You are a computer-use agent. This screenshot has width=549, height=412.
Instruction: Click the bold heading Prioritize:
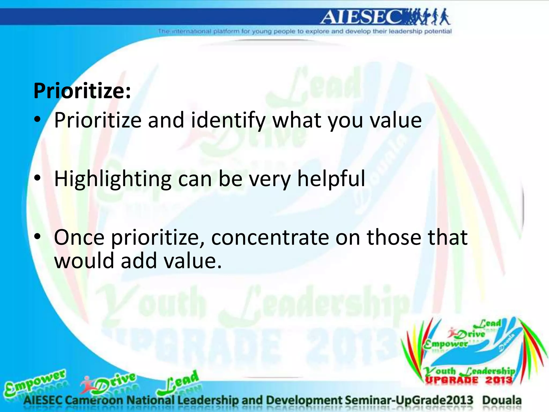coord(82,91)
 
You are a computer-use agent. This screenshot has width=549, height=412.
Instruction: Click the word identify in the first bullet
coord(228,121)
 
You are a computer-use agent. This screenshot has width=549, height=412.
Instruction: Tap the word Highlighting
coord(113,179)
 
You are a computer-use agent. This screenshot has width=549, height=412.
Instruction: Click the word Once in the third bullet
coord(79,238)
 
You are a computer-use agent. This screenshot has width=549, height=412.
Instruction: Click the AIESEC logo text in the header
coord(362,17)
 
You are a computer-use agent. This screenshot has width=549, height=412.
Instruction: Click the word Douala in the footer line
coord(502,400)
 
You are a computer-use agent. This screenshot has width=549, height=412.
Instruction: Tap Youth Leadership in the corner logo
coord(469,371)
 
